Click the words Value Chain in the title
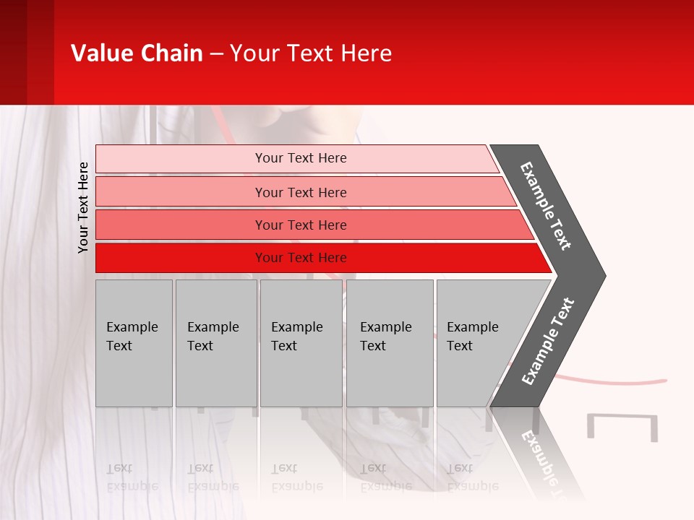click(x=137, y=53)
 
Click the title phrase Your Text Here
click(x=311, y=53)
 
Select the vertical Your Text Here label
click(x=83, y=207)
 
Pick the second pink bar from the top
click(x=300, y=192)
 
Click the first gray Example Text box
click(x=134, y=343)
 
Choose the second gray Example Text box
click(x=215, y=343)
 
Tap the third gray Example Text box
click(x=301, y=343)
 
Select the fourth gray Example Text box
click(x=390, y=343)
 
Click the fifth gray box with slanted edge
click(x=477, y=343)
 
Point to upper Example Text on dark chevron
click(x=546, y=206)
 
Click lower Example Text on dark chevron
click(x=547, y=342)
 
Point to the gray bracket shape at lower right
click(x=622, y=426)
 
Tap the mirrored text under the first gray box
click(x=132, y=477)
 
